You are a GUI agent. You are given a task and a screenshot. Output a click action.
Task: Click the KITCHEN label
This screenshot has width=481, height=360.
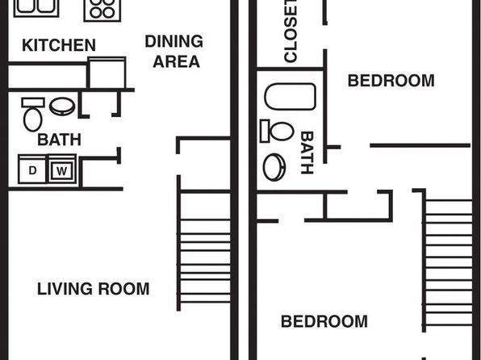tap(59, 45)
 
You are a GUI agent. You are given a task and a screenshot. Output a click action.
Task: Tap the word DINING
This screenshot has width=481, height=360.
tap(174, 41)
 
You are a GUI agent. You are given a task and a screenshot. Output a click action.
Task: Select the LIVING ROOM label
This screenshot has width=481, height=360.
tap(94, 289)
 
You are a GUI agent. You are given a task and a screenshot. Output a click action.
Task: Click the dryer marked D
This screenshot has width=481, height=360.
tap(32, 170)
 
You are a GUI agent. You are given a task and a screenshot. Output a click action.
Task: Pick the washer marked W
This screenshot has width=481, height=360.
tap(62, 170)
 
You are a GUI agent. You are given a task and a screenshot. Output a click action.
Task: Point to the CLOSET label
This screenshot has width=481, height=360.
tap(291, 31)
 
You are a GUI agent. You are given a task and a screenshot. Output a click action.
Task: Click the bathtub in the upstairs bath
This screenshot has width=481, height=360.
tap(291, 96)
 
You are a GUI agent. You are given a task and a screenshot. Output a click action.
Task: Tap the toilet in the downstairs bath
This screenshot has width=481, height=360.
tap(33, 114)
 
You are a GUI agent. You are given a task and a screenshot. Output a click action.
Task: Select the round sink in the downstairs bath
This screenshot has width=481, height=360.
tap(62, 107)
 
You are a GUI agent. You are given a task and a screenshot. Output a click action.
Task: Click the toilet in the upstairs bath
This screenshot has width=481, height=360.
tap(277, 131)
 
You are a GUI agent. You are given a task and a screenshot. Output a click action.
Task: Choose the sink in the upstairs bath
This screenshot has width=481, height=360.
tap(274, 167)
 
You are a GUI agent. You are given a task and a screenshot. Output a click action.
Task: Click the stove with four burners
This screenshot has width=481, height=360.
tap(102, 9)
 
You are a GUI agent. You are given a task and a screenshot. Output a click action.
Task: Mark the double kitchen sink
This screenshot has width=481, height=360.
tap(36, 8)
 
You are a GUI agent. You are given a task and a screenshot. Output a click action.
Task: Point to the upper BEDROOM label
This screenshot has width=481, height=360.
tap(391, 81)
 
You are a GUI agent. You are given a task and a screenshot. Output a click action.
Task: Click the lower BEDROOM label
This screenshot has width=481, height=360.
tap(324, 321)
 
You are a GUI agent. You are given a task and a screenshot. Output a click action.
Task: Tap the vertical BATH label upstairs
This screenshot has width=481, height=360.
tap(307, 153)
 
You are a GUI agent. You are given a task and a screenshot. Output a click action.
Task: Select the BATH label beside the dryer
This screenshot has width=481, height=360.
tap(59, 140)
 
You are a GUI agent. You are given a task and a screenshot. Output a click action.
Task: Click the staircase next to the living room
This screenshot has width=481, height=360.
tap(203, 251)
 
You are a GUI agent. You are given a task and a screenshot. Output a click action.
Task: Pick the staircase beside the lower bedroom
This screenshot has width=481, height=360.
tap(448, 261)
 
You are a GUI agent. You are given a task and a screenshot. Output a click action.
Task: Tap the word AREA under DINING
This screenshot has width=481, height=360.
tap(177, 61)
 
